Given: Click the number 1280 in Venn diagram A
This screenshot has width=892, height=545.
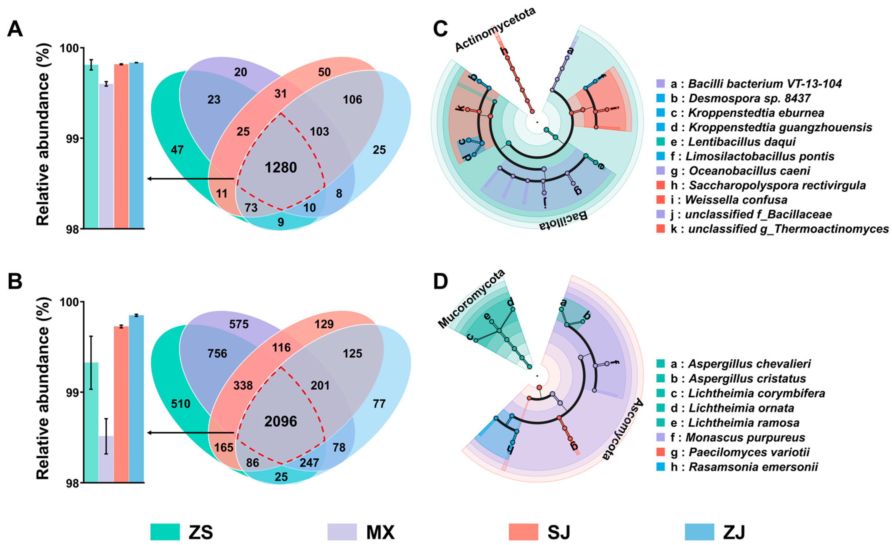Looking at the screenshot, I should tap(280, 167).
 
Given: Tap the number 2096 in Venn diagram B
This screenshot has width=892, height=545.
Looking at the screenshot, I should tap(280, 421).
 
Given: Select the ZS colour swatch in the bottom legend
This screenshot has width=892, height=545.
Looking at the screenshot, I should tap(165, 532).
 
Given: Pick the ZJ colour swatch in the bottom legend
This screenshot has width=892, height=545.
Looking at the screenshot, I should tap(700, 532).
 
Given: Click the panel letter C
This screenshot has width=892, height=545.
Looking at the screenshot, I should tap(441, 29).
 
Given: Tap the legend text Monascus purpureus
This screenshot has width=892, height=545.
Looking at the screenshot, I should tap(745, 437).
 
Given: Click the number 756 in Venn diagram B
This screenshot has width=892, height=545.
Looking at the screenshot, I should tap(217, 354).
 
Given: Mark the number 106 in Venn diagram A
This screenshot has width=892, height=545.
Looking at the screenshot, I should tap(352, 99).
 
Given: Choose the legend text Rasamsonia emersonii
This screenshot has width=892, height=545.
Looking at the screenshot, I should tap(753, 467).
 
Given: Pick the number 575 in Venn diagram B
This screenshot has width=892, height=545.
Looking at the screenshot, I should tap(239, 324).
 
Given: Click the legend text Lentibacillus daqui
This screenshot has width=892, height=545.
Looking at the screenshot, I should tap(742, 142).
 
